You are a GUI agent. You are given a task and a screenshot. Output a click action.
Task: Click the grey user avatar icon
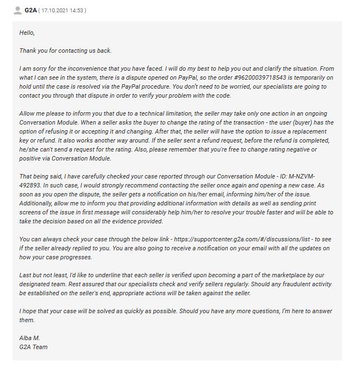tap(17, 10)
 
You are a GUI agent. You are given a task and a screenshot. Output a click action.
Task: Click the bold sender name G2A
tap(30, 10)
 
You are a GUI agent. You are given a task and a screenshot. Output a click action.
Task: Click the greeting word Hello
tap(27, 33)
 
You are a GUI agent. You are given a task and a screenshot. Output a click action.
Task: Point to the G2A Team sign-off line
tap(33, 347)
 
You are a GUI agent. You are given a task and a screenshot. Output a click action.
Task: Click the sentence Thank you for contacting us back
tap(65, 51)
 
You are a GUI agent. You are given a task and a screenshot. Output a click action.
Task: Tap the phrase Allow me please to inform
tap(56, 113)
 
